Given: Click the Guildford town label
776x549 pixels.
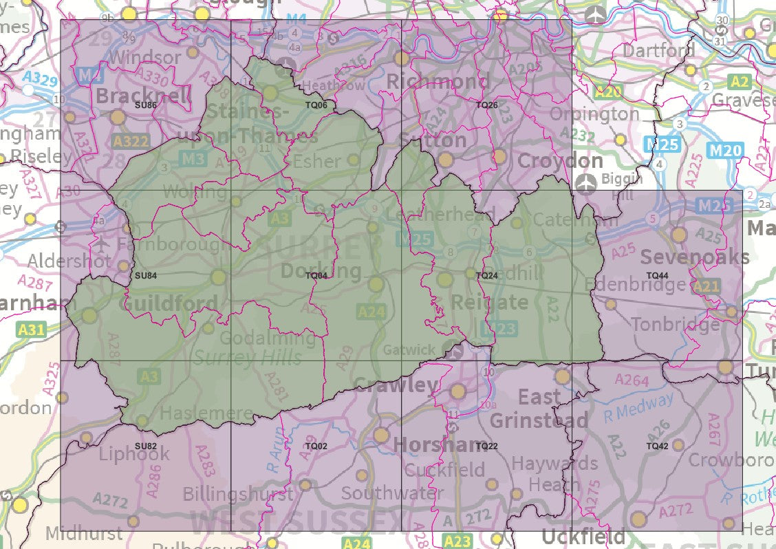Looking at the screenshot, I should click(x=169, y=303).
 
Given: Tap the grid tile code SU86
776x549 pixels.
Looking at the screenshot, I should click(x=145, y=105).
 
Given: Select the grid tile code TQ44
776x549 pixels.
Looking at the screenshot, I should click(x=657, y=275).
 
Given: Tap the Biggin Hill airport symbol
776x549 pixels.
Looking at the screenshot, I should click(x=585, y=184).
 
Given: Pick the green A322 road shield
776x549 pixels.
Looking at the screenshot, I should click(x=129, y=142).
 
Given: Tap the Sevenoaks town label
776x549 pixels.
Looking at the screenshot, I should click(x=695, y=257).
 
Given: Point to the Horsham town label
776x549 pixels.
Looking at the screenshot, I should click(x=440, y=445).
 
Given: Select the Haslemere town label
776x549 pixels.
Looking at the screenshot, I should click(x=206, y=414).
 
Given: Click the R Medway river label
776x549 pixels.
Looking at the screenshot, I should click(x=639, y=407).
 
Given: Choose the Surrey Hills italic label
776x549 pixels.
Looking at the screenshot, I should click(x=248, y=357).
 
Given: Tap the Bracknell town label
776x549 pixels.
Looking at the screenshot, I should click(x=144, y=96).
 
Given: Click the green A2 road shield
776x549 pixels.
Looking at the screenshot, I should click(x=740, y=82).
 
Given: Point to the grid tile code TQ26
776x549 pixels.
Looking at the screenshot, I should click(x=486, y=105).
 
